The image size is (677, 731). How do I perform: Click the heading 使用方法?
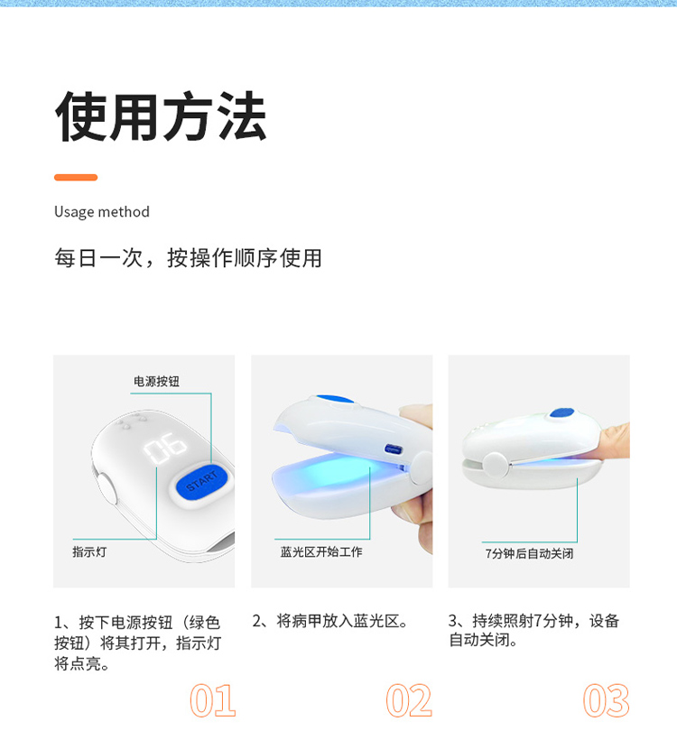(161, 116)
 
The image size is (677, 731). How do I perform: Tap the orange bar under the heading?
(76, 177)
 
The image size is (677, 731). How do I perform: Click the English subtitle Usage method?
(102, 212)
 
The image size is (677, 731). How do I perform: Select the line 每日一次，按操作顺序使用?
(188, 258)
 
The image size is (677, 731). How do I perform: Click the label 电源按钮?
(156, 382)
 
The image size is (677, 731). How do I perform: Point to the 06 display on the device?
(165, 448)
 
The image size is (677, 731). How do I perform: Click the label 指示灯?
(89, 552)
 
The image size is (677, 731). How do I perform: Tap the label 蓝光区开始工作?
(321, 552)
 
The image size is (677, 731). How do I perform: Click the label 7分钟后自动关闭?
(529, 553)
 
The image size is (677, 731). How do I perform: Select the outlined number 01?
(213, 700)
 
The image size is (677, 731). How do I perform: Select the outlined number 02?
(410, 700)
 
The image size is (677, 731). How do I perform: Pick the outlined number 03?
(606, 700)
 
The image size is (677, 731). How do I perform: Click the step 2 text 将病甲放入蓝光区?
(342, 621)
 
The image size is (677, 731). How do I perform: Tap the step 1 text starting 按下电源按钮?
(137, 643)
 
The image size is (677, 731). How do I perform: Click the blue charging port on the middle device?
(393, 449)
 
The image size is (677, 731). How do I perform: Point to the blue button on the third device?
(561, 412)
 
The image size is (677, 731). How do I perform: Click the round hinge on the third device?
(496, 465)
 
